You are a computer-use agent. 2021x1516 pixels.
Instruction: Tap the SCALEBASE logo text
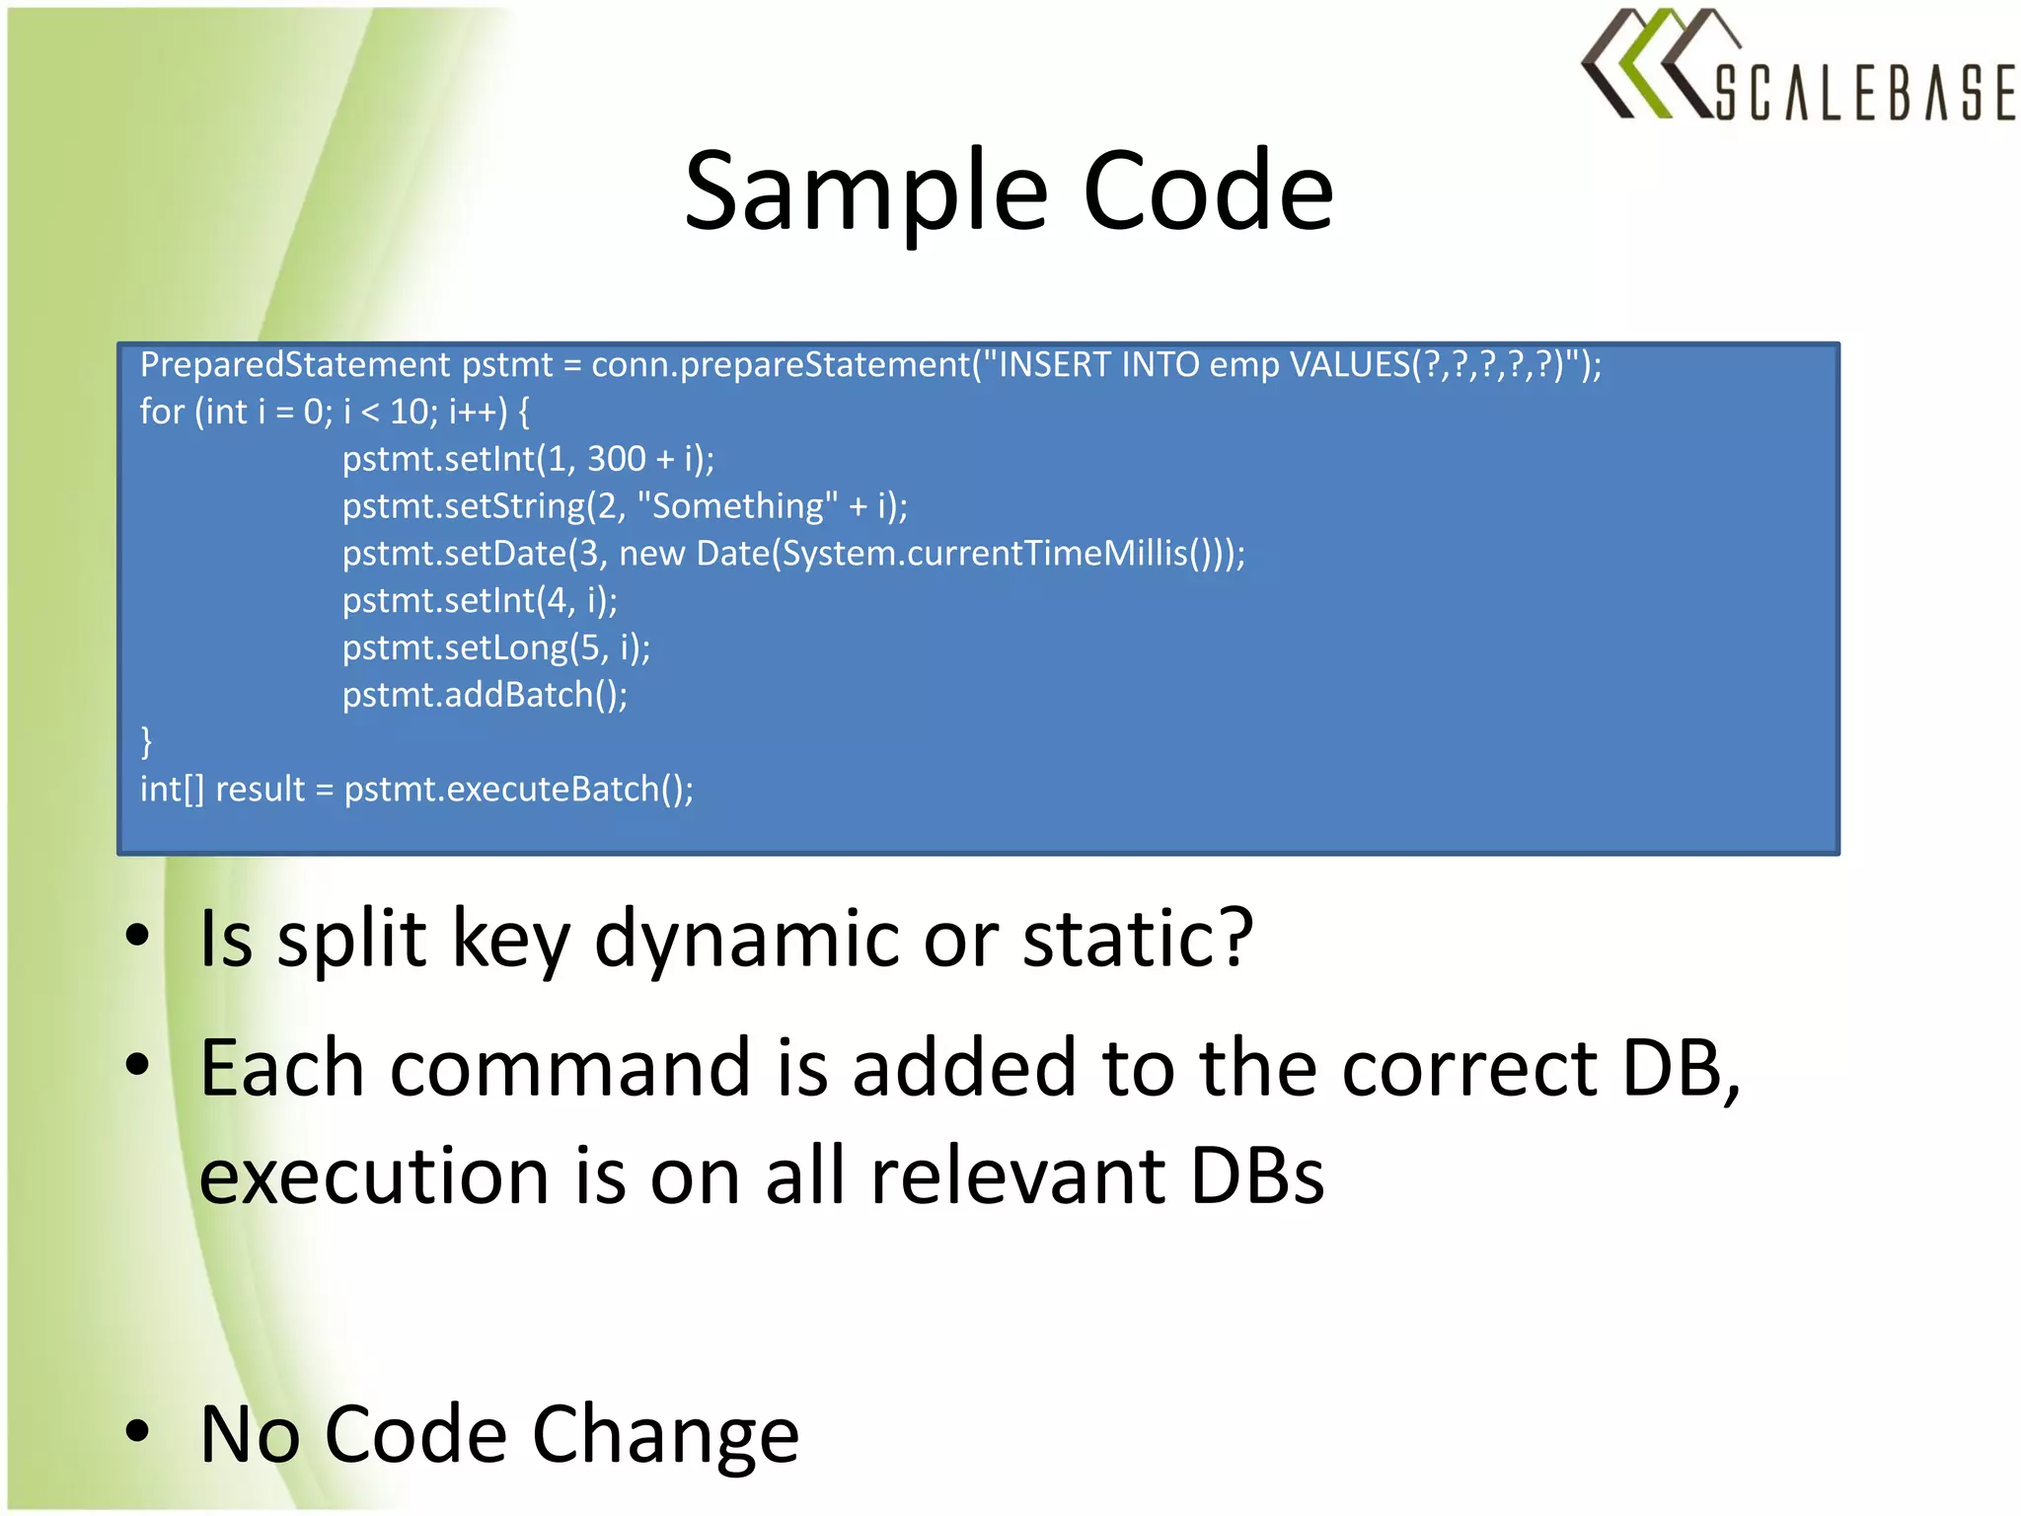pos(1864,93)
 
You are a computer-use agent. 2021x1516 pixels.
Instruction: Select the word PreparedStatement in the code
pos(295,365)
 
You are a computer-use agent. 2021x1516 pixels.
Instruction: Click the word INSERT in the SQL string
pos(1055,365)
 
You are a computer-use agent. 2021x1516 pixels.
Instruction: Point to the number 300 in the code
pos(616,459)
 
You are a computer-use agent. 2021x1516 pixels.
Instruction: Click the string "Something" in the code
pos(737,506)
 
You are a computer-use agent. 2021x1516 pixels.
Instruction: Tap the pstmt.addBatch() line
pos(485,695)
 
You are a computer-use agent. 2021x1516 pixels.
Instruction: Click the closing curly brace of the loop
pos(146,741)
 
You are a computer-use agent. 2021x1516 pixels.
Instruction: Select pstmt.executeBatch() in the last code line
pos(518,790)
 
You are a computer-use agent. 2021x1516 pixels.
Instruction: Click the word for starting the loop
pos(162,412)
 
